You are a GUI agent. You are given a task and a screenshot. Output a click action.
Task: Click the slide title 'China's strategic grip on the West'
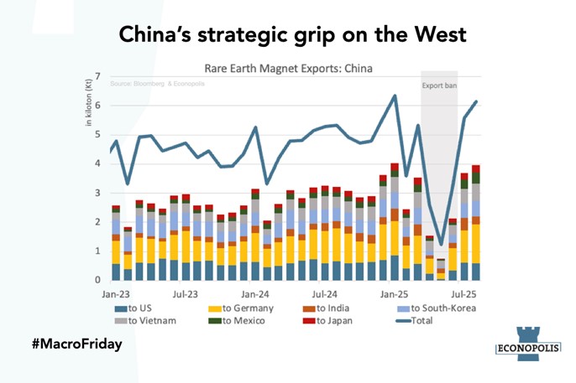click(288, 34)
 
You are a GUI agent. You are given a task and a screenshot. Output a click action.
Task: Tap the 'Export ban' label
click(439, 84)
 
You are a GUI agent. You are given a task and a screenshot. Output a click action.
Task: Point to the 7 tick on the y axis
click(98, 76)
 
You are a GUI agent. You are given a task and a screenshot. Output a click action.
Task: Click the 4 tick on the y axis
click(98, 163)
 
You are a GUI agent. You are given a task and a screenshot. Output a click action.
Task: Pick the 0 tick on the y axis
click(98, 280)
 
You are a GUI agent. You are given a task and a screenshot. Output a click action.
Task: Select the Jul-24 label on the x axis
click(325, 295)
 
